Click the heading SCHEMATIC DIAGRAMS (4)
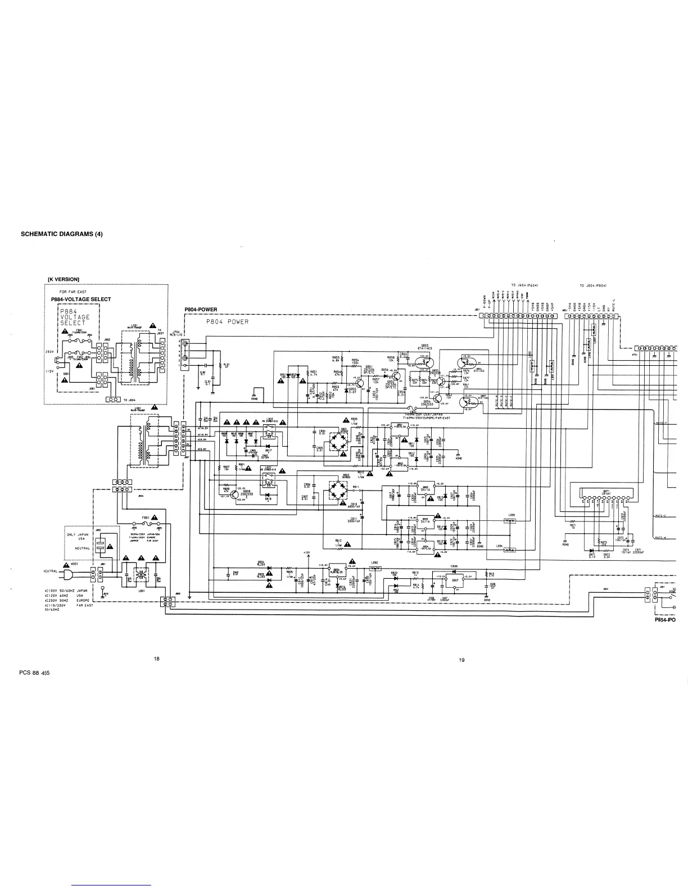(x=62, y=234)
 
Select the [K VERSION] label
(x=64, y=279)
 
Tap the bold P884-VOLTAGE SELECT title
(x=81, y=299)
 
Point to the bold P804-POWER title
(x=200, y=310)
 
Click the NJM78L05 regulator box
(x=338, y=573)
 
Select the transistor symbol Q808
(x=234, y=495)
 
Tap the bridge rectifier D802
(x=338, y=490)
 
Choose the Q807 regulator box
(x=455, y=580)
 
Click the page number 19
(x=461, y=660)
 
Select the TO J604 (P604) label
(x=525, y=285)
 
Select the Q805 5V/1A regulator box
(x=426, y=490)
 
